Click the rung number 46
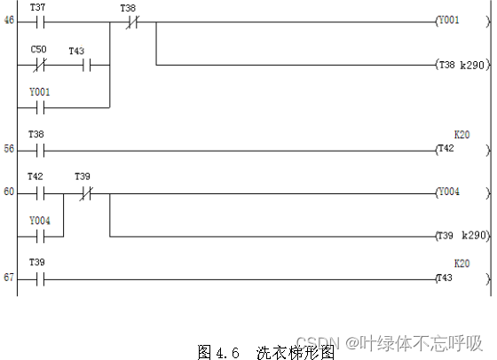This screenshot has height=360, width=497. [9, 19]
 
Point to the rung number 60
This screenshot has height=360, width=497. [9, 192]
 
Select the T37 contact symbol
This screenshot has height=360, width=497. [38, 19]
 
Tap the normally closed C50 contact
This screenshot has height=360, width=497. [38, 65]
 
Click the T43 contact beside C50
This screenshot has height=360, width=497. [77, 65]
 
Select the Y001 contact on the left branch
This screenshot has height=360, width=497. [38, 107]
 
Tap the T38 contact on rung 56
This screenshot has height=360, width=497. [38, 150]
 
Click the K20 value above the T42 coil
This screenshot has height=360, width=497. [461, 135]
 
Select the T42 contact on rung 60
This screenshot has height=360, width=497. [36, 192]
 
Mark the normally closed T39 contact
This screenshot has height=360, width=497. [84, 192]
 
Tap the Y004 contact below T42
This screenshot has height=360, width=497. [38, 236]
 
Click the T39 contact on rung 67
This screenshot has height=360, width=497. [38, 278]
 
